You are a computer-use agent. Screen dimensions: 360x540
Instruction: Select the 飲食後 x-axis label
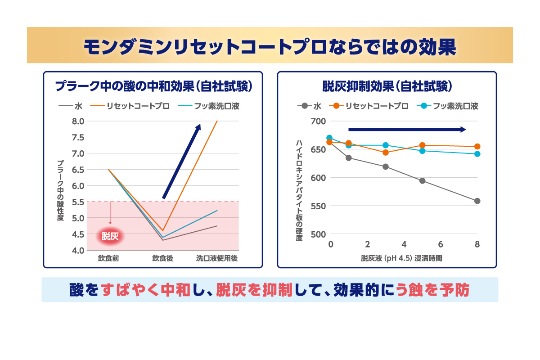162,259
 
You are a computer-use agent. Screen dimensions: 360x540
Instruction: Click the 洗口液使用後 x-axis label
216,259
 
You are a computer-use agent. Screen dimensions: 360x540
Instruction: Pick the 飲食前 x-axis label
108,259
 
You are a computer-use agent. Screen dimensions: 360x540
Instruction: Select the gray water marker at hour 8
477,201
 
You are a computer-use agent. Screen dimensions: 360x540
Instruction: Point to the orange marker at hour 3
385,153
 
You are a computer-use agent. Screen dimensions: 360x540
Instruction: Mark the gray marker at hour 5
422,181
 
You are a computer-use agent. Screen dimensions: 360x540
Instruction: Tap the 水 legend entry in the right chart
310,106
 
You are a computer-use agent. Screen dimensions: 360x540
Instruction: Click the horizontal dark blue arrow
407,130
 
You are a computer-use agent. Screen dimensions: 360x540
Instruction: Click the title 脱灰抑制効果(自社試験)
387,85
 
